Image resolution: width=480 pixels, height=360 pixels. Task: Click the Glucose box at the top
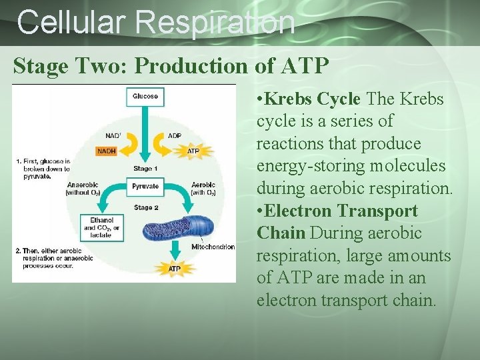pos(145,97)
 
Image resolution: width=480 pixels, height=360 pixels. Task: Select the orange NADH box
pos(106,151)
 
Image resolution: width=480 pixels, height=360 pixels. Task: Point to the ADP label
pos(174,135)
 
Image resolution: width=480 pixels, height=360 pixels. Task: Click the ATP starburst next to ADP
pos(192,151)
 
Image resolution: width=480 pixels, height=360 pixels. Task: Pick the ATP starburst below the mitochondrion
pos(174,269)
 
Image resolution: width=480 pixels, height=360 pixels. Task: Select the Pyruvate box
pos(145,186)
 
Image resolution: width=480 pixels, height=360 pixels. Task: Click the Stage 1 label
pos(145,168)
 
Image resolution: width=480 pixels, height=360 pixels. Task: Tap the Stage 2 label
pos(145,207)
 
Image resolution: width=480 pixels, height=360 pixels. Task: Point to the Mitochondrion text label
pos(213,247)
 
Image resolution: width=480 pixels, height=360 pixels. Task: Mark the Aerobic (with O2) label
pos(203,189)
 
